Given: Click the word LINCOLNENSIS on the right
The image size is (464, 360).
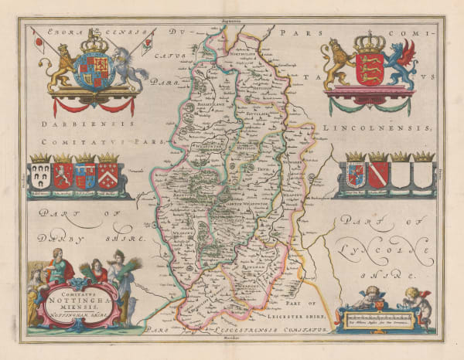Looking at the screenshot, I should [x=380, y=124].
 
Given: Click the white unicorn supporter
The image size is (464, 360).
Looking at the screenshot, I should [x=131, y=68].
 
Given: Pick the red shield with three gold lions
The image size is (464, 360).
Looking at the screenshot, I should [x=369, y=68].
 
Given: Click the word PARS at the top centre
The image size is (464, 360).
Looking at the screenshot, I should [x=299, y=35].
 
